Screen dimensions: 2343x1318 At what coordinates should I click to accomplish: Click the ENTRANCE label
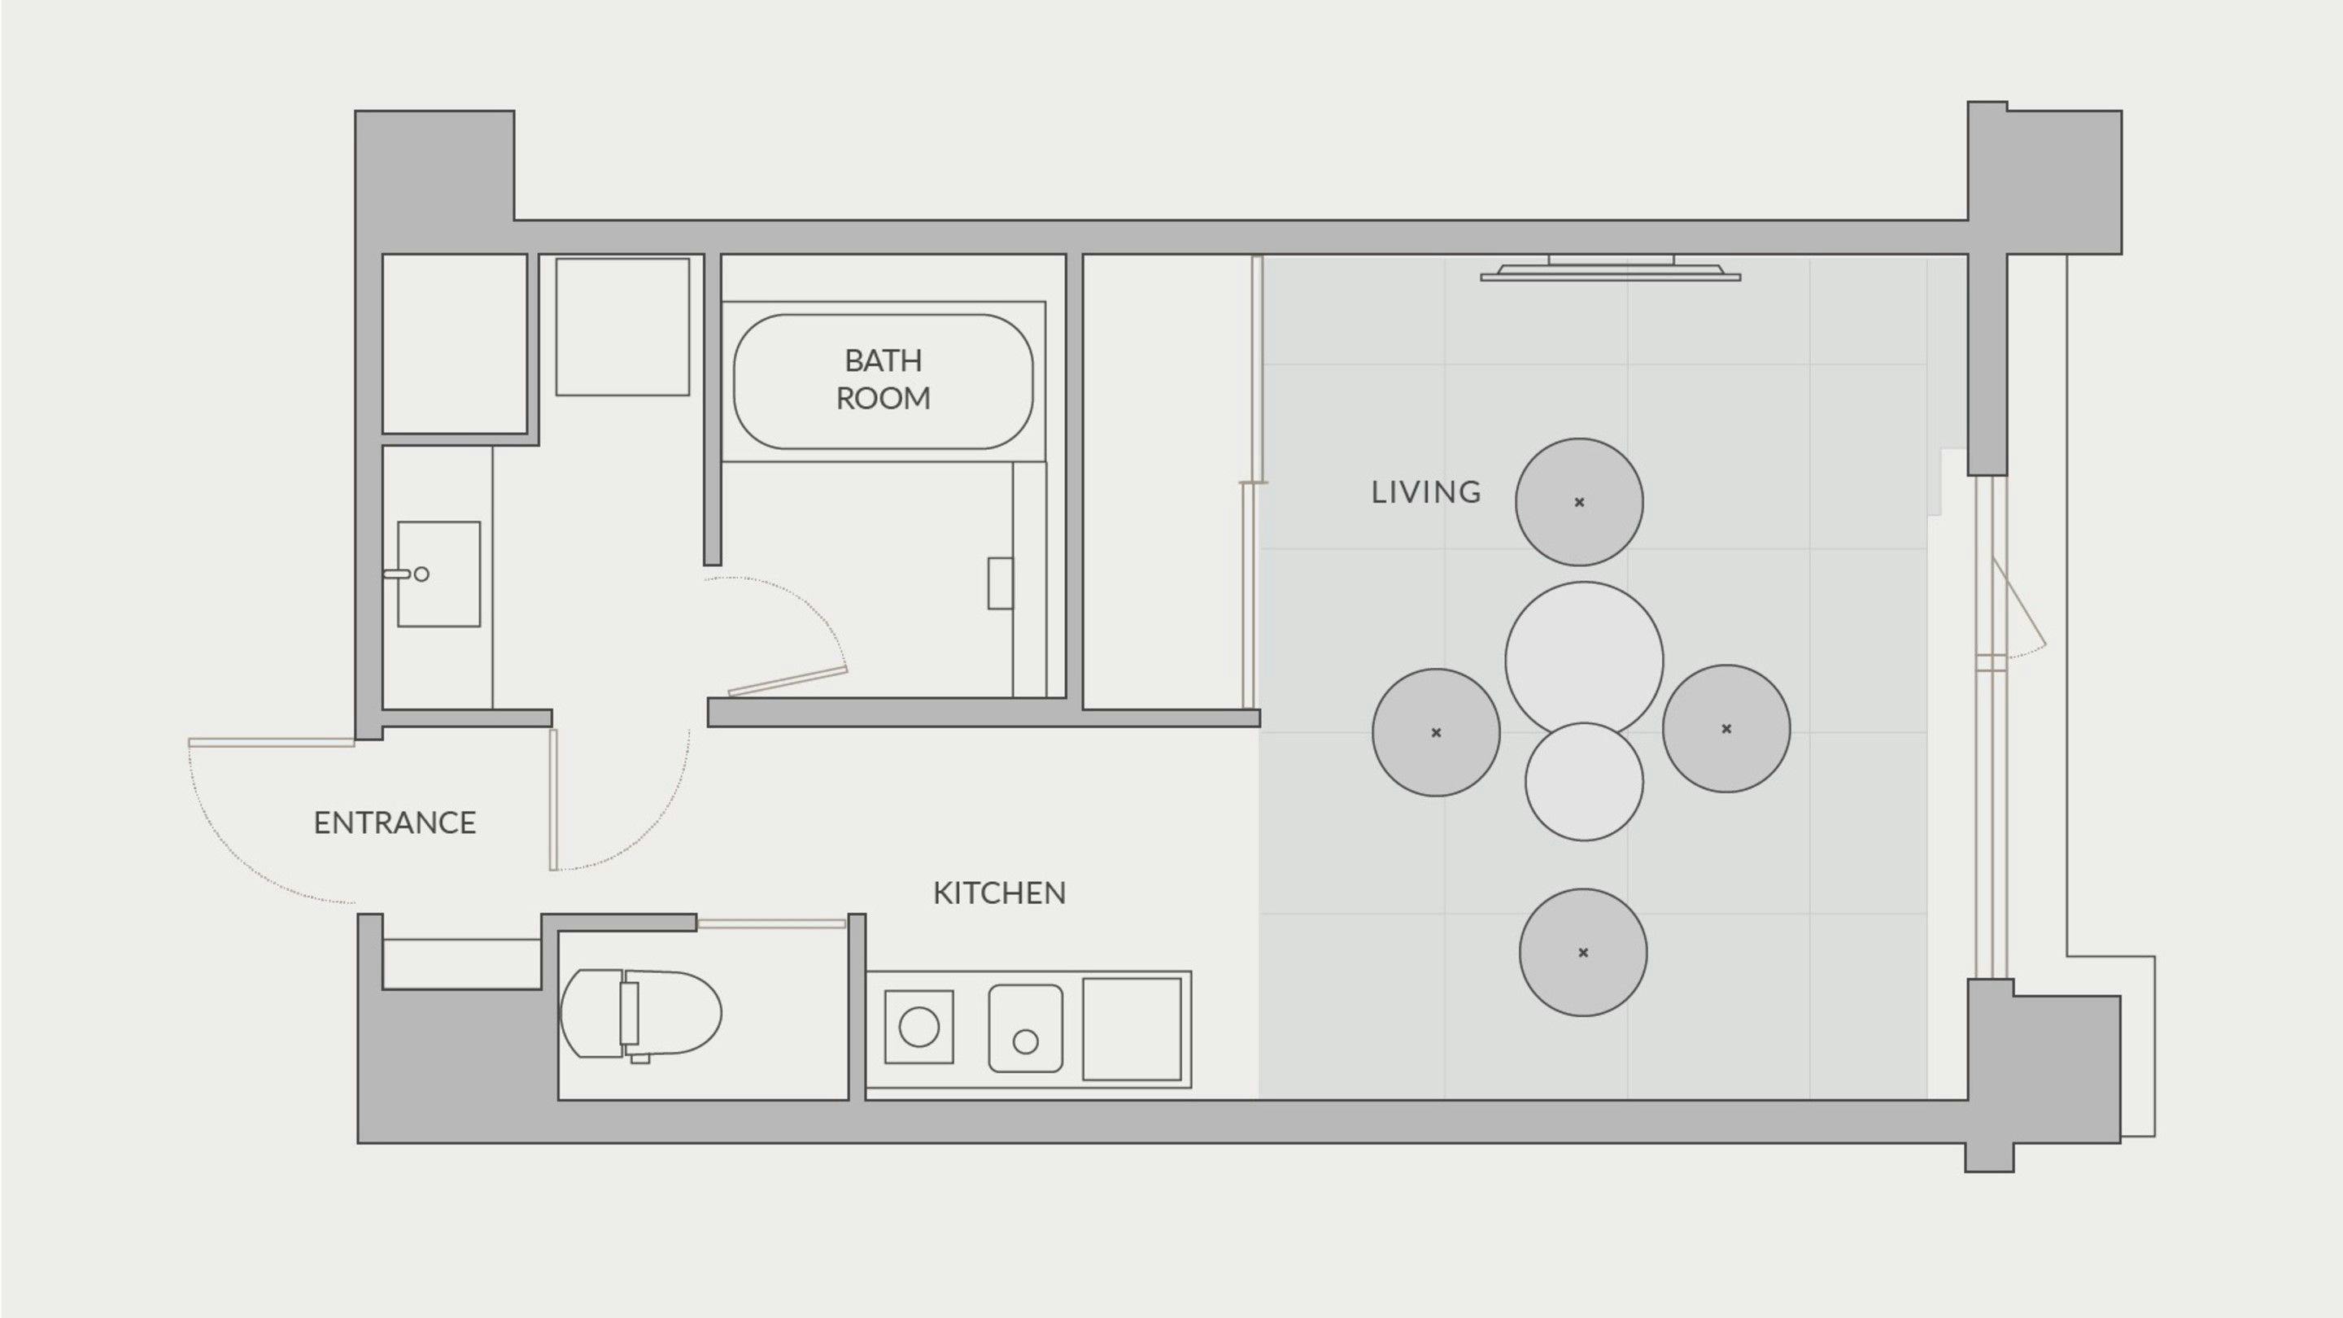[x=395, y=823]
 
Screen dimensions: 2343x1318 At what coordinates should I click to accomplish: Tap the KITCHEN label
[x=1000, y=892]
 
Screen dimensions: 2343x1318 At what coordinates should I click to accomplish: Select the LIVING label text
[x=1426, y=492]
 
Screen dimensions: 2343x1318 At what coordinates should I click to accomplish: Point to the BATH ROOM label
[x=884, y=379]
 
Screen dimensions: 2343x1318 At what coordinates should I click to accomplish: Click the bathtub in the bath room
[x=884, y=382]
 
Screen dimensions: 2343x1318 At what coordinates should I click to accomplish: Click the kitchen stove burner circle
[x=918, y=1028]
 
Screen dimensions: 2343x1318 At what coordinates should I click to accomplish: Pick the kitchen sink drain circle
[x=1025, y=1042]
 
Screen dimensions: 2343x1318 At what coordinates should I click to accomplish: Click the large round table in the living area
[x=1583, y=660]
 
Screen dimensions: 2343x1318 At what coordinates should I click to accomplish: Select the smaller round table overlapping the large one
[x=1583, y=781]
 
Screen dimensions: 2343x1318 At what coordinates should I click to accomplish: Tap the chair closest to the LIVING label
[x=1579, y=502]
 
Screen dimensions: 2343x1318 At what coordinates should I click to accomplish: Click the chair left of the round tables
[x=1436, y=732]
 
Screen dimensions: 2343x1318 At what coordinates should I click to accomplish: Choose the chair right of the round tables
[x=1726, y=729]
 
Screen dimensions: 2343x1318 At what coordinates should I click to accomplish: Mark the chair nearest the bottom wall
[x=1582, y=953]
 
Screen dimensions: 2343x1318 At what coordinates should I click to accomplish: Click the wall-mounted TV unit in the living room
[x=1611, y=268]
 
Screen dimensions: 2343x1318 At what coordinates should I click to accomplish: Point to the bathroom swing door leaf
[x=788, y=681]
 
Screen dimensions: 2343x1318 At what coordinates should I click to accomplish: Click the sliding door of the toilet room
[x=771, y=924]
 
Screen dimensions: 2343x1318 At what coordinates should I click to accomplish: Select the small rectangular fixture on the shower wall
[x=1001, y=583]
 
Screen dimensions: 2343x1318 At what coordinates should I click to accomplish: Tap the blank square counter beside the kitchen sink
[x=1132, y=1028]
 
